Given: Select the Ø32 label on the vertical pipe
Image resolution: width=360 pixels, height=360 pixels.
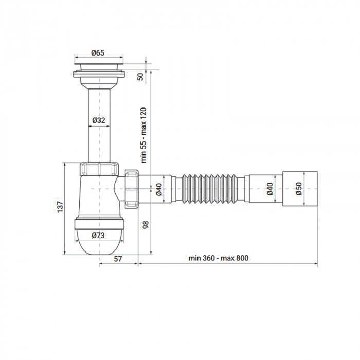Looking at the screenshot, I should (x=99, y=120).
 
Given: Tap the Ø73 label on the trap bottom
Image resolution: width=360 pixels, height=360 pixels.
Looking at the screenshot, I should (x=99, y=236).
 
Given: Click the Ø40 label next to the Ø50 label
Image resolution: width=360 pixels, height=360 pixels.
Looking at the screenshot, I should (x=270, y=189).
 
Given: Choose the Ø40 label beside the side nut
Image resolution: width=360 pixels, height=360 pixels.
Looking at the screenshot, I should (x=159, y=189).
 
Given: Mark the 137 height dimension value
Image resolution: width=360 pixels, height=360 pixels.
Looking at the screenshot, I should (x=60, y=207).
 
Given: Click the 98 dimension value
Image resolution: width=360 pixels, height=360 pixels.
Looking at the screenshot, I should (x=146, y=224).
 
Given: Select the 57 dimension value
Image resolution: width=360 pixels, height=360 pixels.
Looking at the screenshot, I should (x=118, y=259).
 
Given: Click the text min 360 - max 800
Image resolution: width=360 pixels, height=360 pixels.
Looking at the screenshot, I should (x=218, y=258).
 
